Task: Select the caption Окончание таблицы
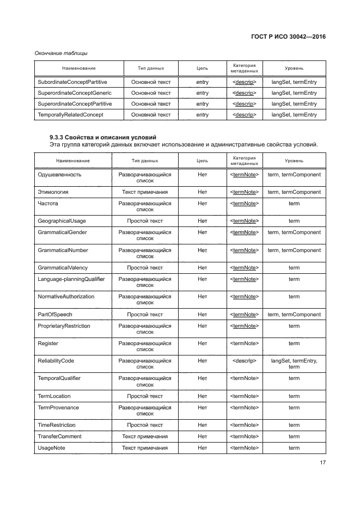(x=61, y=53)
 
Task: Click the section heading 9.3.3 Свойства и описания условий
(x=102, y=137)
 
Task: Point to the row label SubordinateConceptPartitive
(x=72, y=82)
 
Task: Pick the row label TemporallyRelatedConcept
(x=70, y=115)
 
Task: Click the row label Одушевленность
(x=60, y=174)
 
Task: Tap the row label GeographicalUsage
(x=62, y=221)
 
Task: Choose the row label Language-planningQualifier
(x=71, y=279)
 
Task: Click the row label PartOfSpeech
(x=55, y=315)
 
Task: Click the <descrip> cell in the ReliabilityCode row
(x=245, y=360)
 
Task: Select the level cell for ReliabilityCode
(x=294, y=364)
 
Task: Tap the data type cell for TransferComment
(x=145, y=437)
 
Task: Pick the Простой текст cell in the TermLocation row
(x=145, y=396)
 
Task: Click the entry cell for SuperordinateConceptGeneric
(x=202, y=93)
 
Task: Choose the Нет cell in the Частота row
(x=203, y=203)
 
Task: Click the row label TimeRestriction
(x=57, y=425)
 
